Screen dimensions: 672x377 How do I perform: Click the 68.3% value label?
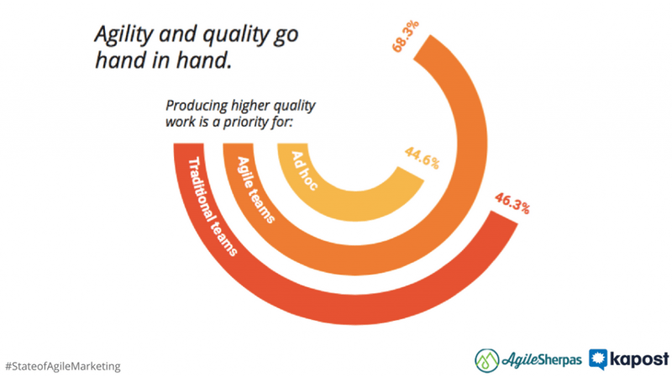pyautogui.click(x=406, y=36)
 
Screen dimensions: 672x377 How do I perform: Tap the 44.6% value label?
pyautogui.click(x=423, y=158)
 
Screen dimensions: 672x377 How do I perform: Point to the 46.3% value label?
pyautogui.click(x=512, y=203)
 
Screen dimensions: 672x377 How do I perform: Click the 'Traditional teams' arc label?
pyautogui.click(x=213, y=207)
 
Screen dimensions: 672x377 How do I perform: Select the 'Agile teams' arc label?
pyautogui.click(x=256, y=190)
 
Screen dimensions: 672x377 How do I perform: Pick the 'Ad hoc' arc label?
pyautogui.click(x=305, y=170)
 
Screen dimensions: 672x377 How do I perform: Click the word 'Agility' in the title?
pyautogui.click(x=123, y=34)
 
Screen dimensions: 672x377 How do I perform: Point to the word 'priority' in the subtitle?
pyautogui.click(x=245, y=123)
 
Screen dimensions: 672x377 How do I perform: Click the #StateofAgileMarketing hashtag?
pyautogui.click(x=63, y=366)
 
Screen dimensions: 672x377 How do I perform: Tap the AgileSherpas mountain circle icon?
pyautogui.click(x=487, y=360)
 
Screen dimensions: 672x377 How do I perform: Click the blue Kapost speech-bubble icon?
pyautogui.click(x=598, y=359)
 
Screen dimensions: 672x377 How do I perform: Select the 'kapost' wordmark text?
pyautogui.click(x=639, y=359)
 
